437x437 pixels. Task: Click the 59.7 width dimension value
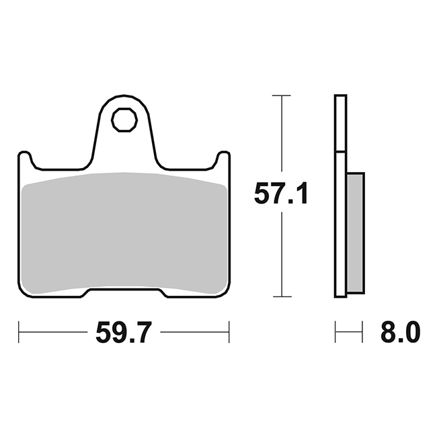[124, 332]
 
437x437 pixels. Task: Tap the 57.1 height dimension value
[281, 193]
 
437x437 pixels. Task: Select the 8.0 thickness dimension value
[400, 332]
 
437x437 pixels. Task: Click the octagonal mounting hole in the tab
[124, 120]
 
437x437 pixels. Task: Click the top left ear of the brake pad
[25, 159]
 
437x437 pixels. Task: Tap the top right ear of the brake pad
[223, 159]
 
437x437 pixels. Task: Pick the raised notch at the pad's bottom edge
[124, 291]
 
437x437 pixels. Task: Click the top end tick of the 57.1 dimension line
[282, 95]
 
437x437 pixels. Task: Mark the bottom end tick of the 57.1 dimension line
[282, 296]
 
